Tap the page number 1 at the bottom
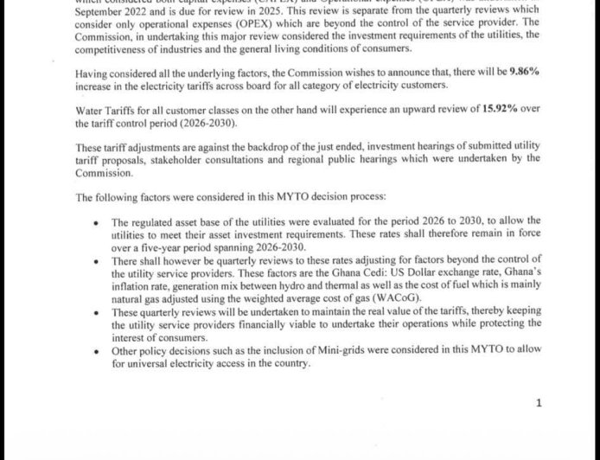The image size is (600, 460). (x=539, y=403)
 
